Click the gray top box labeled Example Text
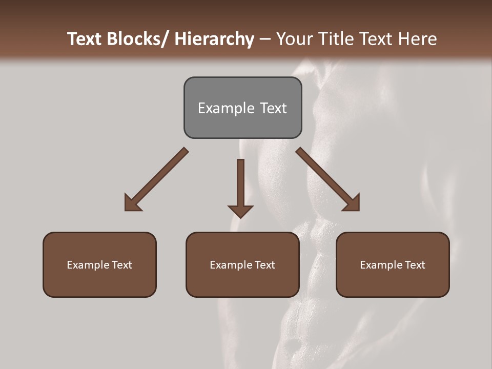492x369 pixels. (x=242, y=108)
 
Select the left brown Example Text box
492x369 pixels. (x=99, y=264)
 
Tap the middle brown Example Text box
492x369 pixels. (x=242, y=264)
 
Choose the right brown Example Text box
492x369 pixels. (x=393, y=264)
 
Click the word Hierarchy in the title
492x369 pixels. (x=214, y=39)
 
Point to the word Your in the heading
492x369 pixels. (x=294, y=39)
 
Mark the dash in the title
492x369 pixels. (x=265, y=39)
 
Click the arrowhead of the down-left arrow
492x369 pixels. (x=132, y=203)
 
